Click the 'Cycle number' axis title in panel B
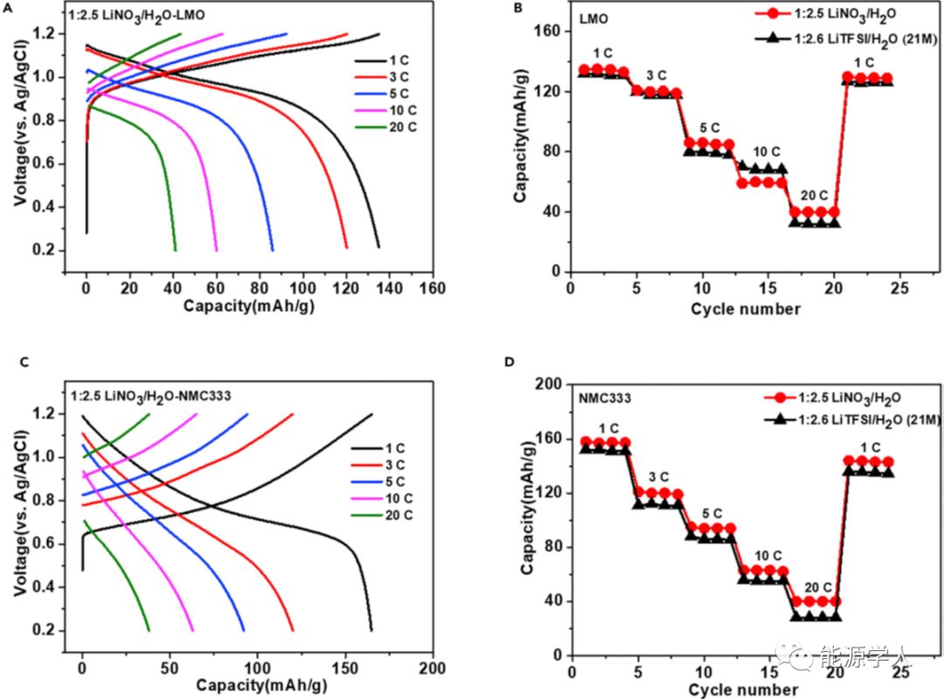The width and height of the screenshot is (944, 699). [x=745, y=308]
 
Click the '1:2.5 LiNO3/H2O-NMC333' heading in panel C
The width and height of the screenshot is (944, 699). [x=168, y=394]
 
